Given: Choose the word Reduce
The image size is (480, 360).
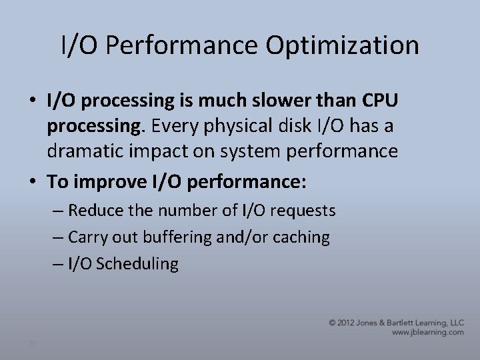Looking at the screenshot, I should (93, 211).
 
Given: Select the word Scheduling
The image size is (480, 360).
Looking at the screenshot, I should (137, 264).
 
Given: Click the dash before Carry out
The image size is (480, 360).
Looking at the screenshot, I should (58, 237).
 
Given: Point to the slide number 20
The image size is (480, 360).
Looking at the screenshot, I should (32, 343).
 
